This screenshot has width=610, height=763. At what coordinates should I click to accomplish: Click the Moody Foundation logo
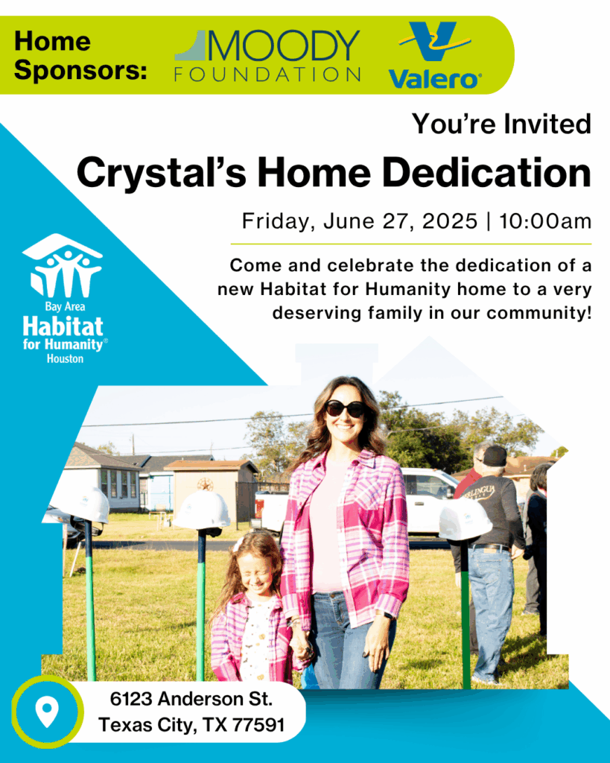(267, 56)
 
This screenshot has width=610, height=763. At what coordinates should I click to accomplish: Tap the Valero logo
(435, 57)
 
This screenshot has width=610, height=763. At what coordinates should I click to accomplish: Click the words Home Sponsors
(80, 56)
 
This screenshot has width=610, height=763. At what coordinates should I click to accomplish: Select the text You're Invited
(502, 124)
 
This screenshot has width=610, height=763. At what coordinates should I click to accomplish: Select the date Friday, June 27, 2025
(360, 221)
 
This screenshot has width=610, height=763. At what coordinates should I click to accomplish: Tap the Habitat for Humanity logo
(63, 298)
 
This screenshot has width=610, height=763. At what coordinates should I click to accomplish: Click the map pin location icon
(47, 712)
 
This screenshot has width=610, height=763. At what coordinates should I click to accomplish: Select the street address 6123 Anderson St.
(191, 700)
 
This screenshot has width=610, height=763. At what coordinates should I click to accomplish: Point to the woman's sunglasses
(344, 408)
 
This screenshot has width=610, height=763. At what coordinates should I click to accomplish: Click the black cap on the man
(495, 455)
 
